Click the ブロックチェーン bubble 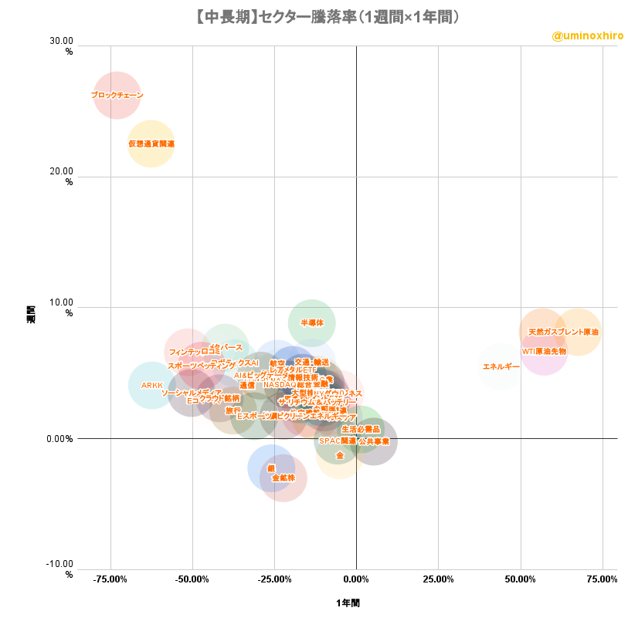pos(117,95)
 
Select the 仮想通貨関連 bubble pos(151,143)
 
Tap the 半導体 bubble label pos(312,323)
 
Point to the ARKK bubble pos(151,385)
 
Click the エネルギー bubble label pos(501,366)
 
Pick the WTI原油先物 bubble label pos(544,351)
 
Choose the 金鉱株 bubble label pos(283,478)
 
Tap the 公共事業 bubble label pos(373,441)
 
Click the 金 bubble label pos(340,455)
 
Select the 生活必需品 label pos(361,429)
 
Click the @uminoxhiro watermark pos(588,35)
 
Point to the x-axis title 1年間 pos(348,603)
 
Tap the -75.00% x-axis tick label pos(110,579)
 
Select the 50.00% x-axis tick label pos(520,579)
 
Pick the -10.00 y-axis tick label pos(60,565)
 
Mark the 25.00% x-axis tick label pos(438,579)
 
